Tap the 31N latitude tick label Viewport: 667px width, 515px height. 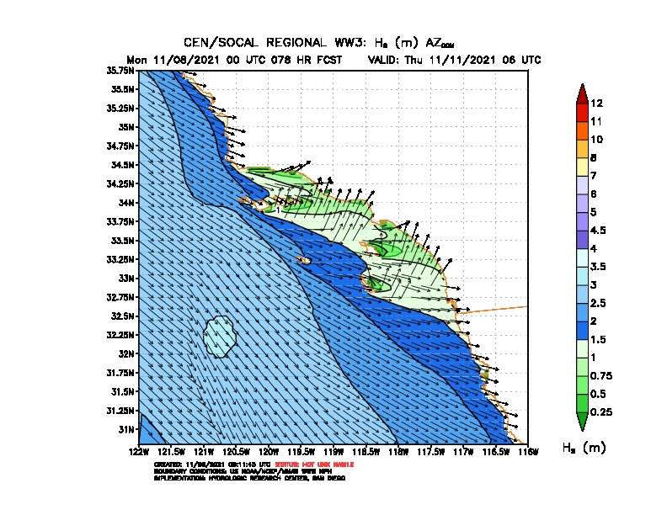[x=128, y=429]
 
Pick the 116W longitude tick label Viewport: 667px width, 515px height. [x=527, y=451]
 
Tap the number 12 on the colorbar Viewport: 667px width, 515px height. [x=596, y=104]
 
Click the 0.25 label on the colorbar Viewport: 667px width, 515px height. [x=601, y=411]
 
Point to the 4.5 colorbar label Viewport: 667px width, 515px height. [x=599, y=230]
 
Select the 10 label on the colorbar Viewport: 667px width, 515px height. [x=596, y=139]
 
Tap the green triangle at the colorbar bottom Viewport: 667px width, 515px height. [x=582, y=421]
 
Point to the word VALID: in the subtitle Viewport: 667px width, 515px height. [x=387, y=60]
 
